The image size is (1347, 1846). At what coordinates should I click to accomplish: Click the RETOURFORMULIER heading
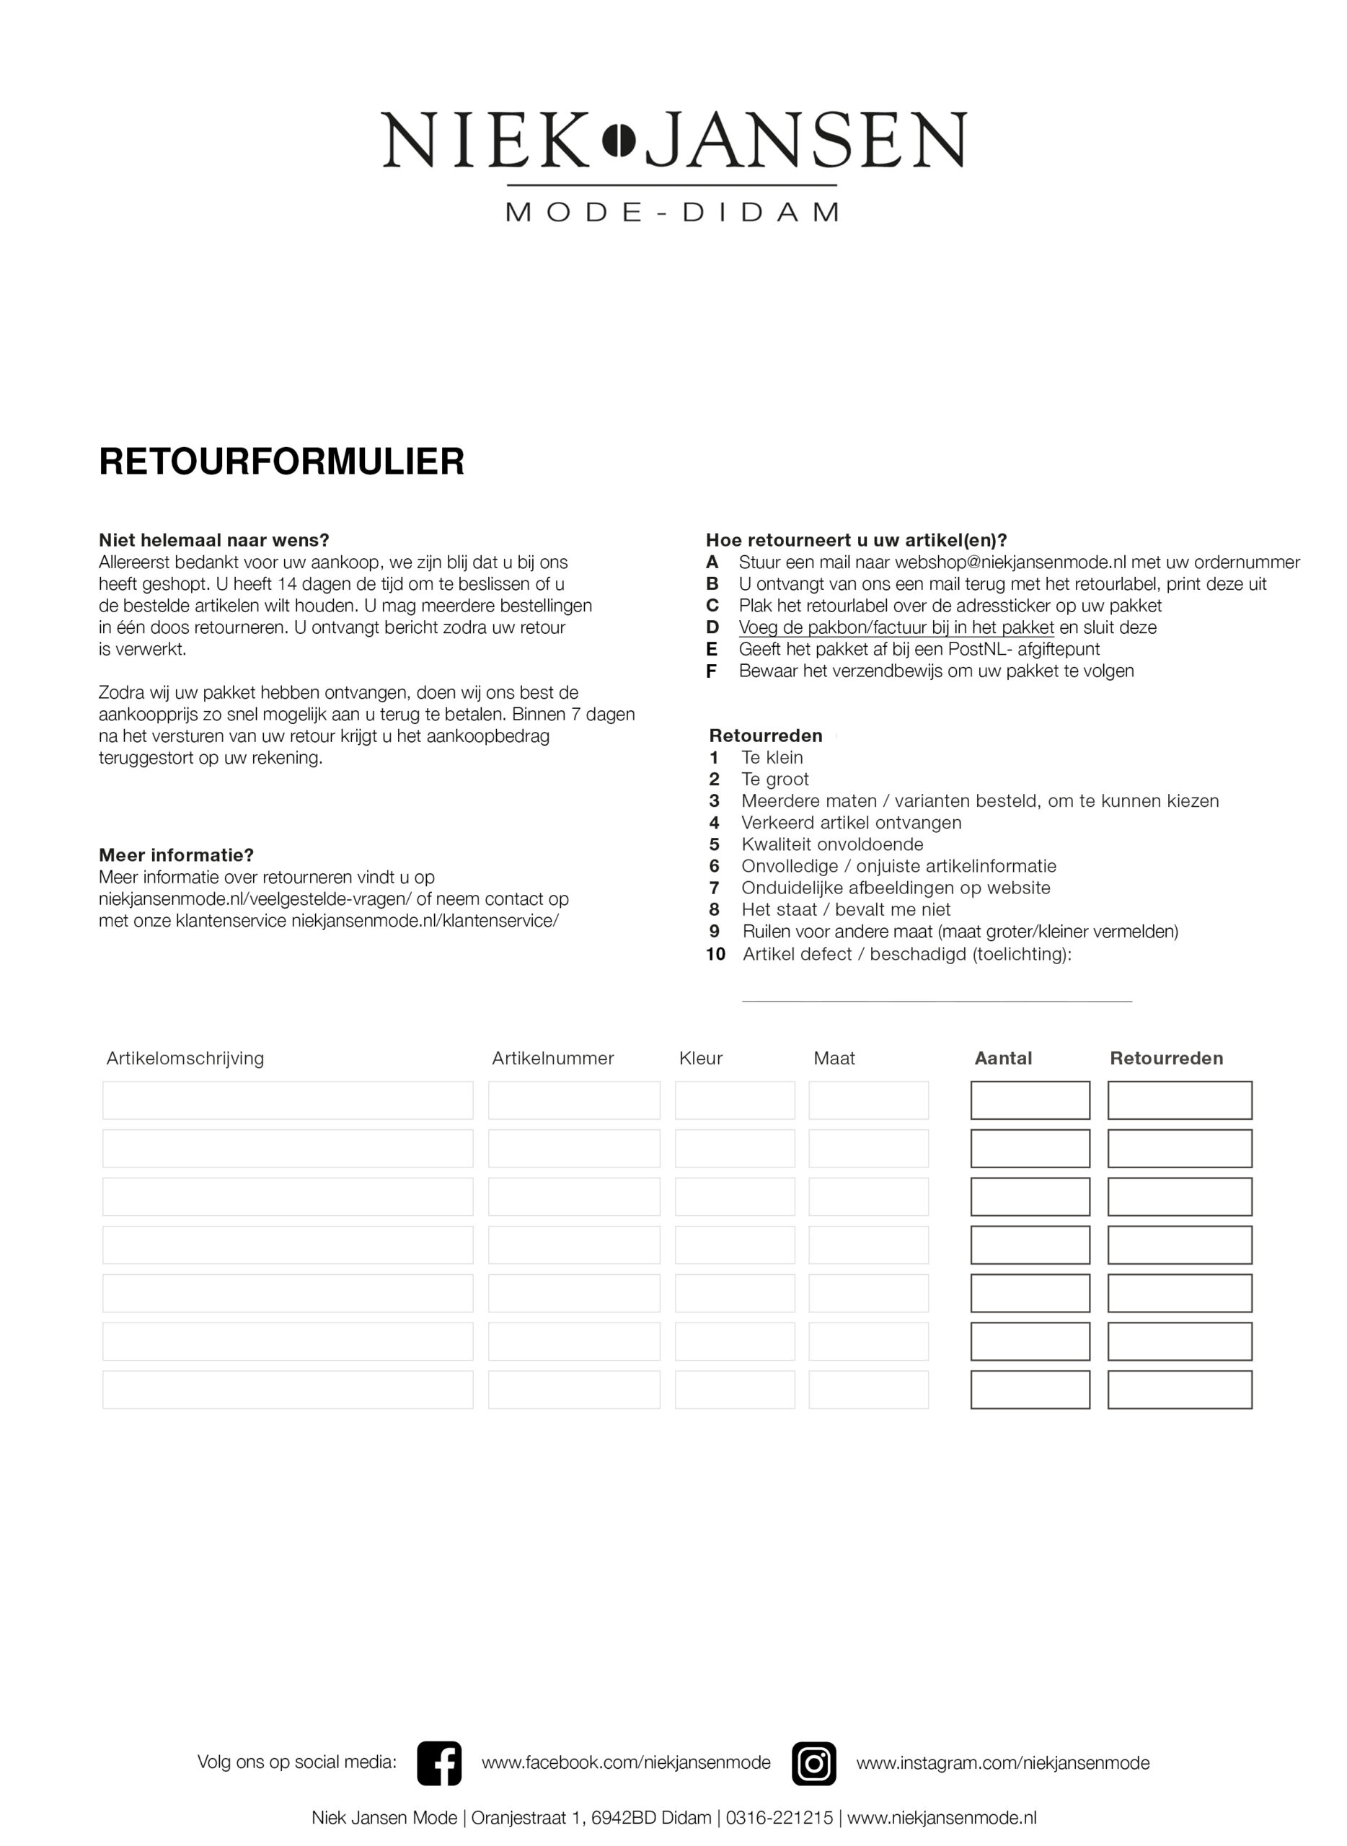coord(281,461)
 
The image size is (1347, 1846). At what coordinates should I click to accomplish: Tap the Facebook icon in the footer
coord(438,1763)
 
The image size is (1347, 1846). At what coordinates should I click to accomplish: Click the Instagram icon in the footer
coord(813,1763)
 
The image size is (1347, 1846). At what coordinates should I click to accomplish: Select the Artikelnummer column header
coord(552,1059)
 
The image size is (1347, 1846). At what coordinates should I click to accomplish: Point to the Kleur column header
coord(700,1059)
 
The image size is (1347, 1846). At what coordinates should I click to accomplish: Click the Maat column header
coord(834,1059)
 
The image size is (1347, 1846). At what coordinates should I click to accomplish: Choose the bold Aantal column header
coord(1003,1059)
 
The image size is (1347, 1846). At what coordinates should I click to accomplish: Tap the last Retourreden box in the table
coord(1179,1390)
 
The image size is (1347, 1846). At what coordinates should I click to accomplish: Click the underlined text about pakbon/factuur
coord(896,628)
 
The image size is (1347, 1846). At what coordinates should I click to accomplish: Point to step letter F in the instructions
coord(712,671)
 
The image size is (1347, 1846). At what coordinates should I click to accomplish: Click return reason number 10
coord(715,954)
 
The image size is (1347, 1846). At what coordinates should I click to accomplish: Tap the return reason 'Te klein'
coord(772,757)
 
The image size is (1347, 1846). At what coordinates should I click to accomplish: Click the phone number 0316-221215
coord(780,1817)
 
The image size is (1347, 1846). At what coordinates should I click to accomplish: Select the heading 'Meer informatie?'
coord(176,855)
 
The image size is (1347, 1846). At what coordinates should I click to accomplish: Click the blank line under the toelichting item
coord(936,999)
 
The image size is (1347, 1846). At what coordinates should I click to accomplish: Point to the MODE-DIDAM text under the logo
coord(673,213)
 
